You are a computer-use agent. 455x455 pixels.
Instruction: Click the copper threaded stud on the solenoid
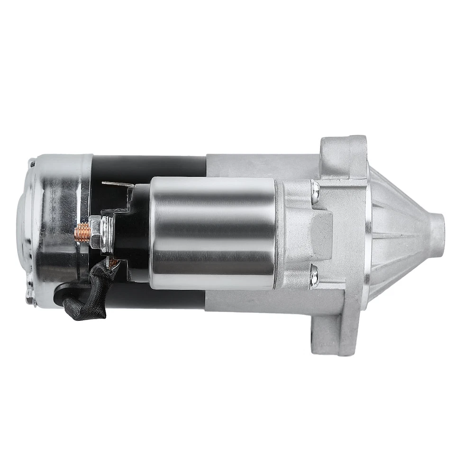82,234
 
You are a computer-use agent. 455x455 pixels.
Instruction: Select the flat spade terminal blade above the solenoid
117,184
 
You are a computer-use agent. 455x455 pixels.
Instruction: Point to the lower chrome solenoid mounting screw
314,276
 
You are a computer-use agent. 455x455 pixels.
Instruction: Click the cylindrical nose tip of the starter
436,236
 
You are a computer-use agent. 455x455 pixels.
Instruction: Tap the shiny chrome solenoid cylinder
213,232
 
